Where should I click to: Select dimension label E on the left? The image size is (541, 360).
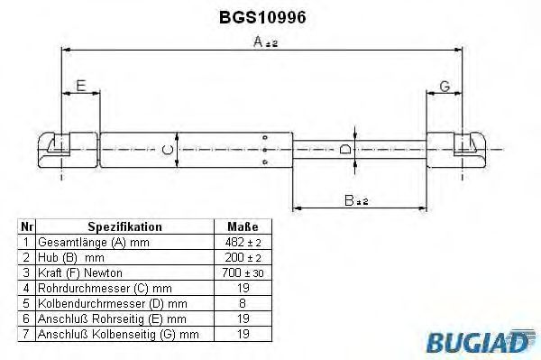(81, 87)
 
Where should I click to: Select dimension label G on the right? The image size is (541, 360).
(445, 87)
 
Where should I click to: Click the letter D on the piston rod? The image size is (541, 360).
(346, 149)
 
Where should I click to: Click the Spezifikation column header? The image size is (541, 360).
(125, 226)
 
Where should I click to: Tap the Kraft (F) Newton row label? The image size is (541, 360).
(80, 272)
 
